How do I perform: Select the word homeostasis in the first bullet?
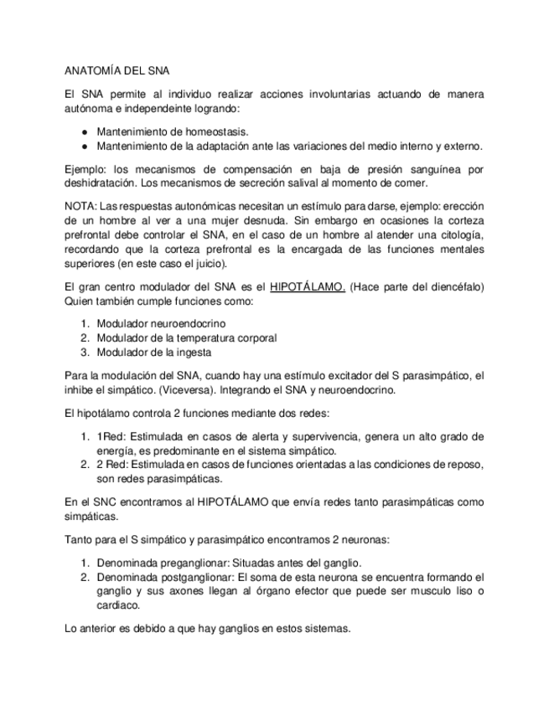click(x=220, y=132)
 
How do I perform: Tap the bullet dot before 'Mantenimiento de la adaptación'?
click(x=85, y=146)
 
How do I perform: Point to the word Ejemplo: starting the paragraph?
click(x=85, y=170)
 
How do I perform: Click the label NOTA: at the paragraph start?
click(x=80, y=207)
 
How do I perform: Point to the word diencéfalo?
click(x=450, y=287)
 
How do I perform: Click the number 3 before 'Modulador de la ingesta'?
click(x=85, y=352)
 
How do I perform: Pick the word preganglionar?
click(x=189, y=562)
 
